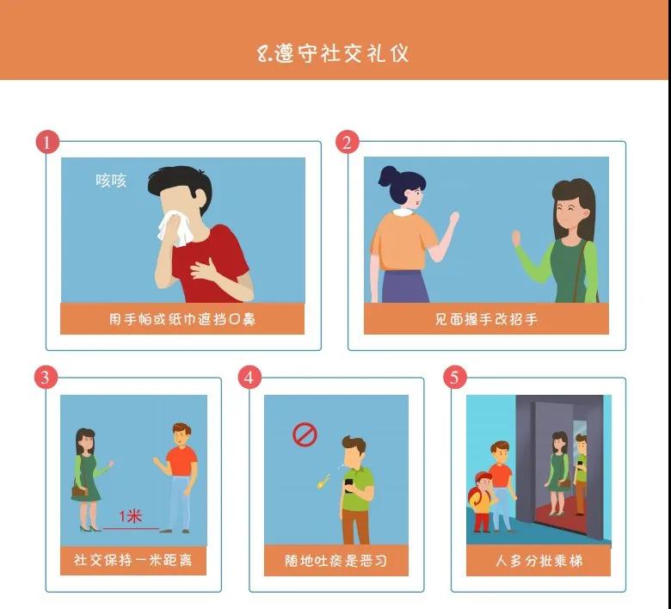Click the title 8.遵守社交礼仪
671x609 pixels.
333,53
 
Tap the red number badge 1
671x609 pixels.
47,142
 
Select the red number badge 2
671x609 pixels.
347,142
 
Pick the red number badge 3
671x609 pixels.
46,378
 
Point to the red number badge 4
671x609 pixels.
249,378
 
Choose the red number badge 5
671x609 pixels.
454,378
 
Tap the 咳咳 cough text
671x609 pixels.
111,180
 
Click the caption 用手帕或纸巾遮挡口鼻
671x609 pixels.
182,319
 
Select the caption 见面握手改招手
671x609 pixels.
486,319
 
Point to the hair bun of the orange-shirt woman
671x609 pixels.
389,175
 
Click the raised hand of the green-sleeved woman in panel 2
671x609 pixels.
516,237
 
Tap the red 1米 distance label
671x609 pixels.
130,516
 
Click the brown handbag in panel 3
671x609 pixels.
80,491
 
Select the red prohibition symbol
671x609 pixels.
305,435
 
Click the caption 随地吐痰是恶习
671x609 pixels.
335,561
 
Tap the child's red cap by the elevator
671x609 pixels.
483,477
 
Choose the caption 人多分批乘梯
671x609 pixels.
539,561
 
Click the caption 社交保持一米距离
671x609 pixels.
133,560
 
